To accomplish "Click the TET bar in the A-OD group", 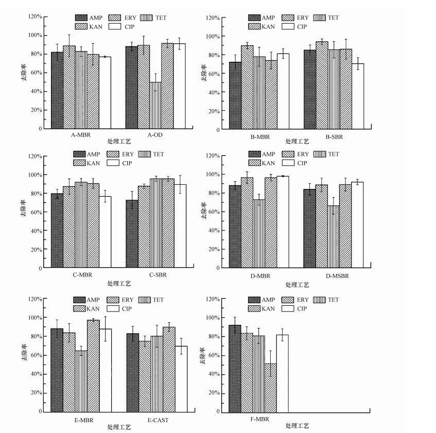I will point(155,105).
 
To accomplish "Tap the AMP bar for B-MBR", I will point(235,95).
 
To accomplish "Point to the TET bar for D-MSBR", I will point(333,236).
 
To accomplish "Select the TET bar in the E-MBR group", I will point(81,381).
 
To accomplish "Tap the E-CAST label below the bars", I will point(158,420).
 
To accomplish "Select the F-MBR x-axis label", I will point(259,419).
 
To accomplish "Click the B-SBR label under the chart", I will point(333,137).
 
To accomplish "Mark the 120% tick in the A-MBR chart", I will point(36,16).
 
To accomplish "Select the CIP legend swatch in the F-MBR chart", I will point(286,308).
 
